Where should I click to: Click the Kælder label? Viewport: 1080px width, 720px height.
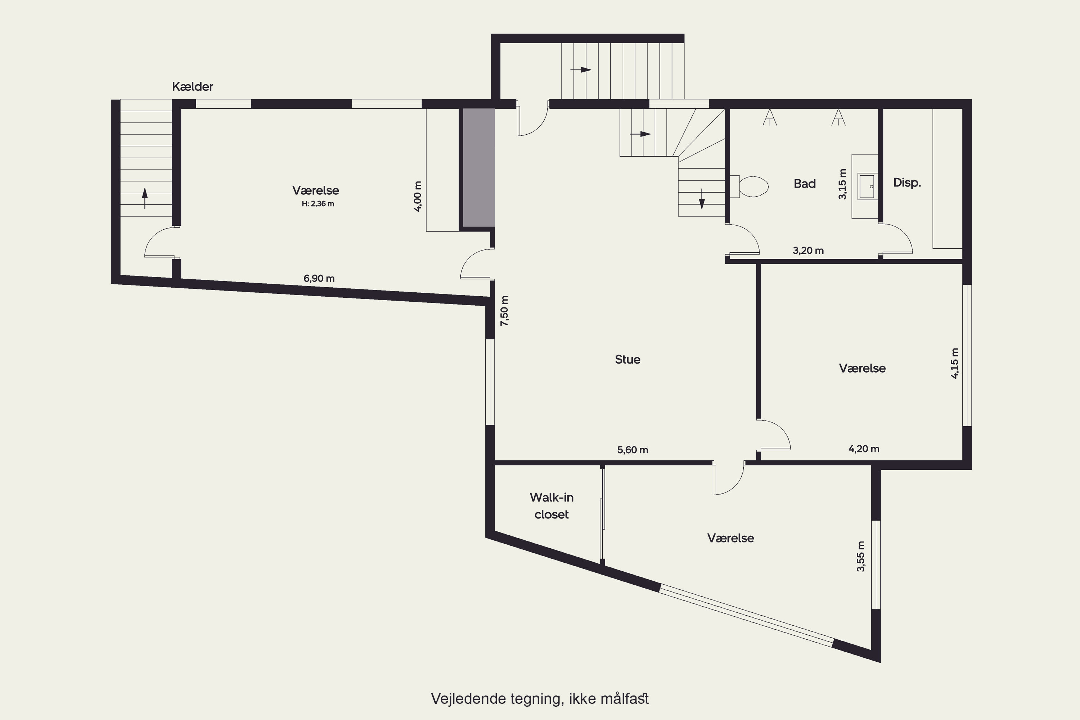[192, 86]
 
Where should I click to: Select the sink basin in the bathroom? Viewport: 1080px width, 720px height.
[867, 186]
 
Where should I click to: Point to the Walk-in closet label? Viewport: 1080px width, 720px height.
[552, 505]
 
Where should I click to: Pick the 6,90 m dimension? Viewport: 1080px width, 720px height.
[319, 278]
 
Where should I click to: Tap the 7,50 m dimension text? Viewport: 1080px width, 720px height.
[505, 311]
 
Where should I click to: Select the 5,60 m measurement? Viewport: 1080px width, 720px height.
[633, 450]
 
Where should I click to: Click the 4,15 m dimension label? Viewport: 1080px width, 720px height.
[955, 363]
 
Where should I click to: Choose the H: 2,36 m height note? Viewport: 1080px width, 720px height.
[318, 204]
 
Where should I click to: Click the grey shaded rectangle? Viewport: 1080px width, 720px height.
[478, 168]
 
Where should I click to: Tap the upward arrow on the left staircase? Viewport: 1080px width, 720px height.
[145, 198]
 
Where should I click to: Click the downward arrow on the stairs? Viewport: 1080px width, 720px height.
[702, 199]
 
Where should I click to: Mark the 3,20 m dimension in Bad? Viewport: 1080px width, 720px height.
[808, 251]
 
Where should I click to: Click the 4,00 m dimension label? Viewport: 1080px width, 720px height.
[417, 196]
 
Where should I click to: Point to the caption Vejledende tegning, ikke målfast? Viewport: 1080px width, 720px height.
[540, 699]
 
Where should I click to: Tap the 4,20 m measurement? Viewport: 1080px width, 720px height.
[864, 449]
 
